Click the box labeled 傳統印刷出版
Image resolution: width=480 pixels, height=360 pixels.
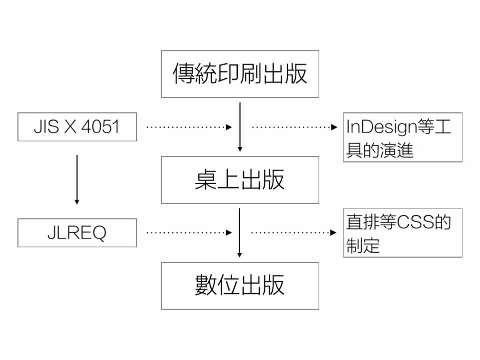click(240, 74)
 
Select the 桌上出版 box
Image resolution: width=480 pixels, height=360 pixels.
click(240, 180)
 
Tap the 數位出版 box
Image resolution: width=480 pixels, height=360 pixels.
click(240, 285)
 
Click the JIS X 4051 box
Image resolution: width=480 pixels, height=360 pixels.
click(77, 126)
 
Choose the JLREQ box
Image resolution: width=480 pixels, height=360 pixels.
click(77, 233)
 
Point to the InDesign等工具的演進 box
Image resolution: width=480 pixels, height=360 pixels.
click(402, 137)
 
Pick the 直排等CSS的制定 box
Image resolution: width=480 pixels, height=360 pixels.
click(402, 233)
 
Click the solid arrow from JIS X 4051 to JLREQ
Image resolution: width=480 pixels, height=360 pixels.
click(77, 179)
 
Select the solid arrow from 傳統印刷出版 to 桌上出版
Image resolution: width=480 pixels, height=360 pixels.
click(240, 126)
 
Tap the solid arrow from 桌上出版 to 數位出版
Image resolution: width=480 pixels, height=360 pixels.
click(240, 232)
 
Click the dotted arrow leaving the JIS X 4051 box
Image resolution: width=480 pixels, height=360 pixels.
click(189, 127)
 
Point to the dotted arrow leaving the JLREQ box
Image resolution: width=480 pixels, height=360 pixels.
click(189, 232)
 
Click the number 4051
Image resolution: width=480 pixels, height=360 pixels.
click(100, 127)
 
